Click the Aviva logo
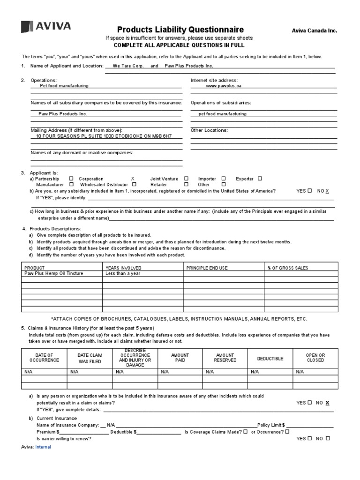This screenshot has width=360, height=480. coord(46,27)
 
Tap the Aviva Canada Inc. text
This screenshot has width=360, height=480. coord(314,31)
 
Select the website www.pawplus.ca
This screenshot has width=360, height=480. coord(224,86)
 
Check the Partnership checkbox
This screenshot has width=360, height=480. coord(71,179)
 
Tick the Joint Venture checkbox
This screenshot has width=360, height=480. coord(187,179)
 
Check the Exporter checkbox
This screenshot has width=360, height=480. coord(260,179)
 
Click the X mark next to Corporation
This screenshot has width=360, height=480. coord(133,179)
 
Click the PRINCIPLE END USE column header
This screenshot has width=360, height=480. coord(207,268)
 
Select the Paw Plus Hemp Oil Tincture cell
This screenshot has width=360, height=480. coord(54,273)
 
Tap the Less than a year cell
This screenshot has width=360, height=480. coord(123,273)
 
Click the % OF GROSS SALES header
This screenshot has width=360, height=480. coord(288,268)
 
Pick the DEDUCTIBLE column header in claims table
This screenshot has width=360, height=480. coord(270,359)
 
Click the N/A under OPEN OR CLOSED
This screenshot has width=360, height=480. coord(300,371)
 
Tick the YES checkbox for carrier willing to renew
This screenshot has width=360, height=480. coord(310,438)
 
